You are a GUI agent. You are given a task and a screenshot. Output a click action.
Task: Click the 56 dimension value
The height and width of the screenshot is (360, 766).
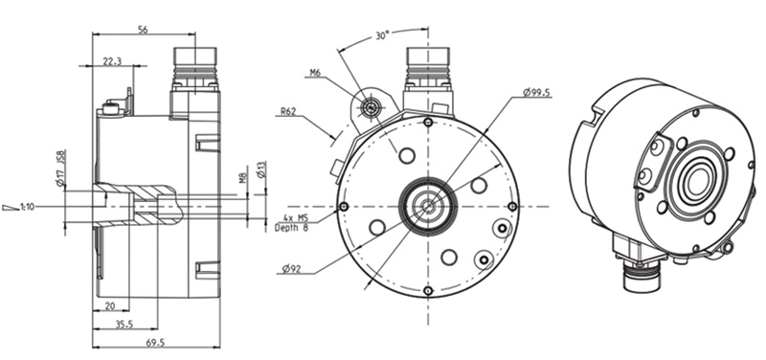(x=143, y=30)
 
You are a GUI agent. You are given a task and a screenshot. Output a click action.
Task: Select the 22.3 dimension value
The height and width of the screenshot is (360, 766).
(x=112, y=60)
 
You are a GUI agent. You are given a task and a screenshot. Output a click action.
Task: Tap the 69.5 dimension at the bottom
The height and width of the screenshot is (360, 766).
(x=155, y=343)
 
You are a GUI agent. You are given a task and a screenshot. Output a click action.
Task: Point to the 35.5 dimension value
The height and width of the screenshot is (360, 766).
(x=124, y=324)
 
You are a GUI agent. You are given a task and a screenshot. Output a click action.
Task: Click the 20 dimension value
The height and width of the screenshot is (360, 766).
(x=110, y=305)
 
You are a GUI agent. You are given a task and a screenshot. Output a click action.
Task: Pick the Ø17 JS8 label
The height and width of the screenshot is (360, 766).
(x=61, y=168)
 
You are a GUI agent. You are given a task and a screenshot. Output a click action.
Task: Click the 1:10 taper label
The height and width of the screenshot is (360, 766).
(x=28, y=207)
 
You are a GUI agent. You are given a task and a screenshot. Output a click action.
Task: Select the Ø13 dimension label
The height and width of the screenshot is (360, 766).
(x=260, y=169)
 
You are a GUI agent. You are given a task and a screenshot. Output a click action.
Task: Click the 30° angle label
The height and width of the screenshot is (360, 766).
(x=382, y=35)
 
